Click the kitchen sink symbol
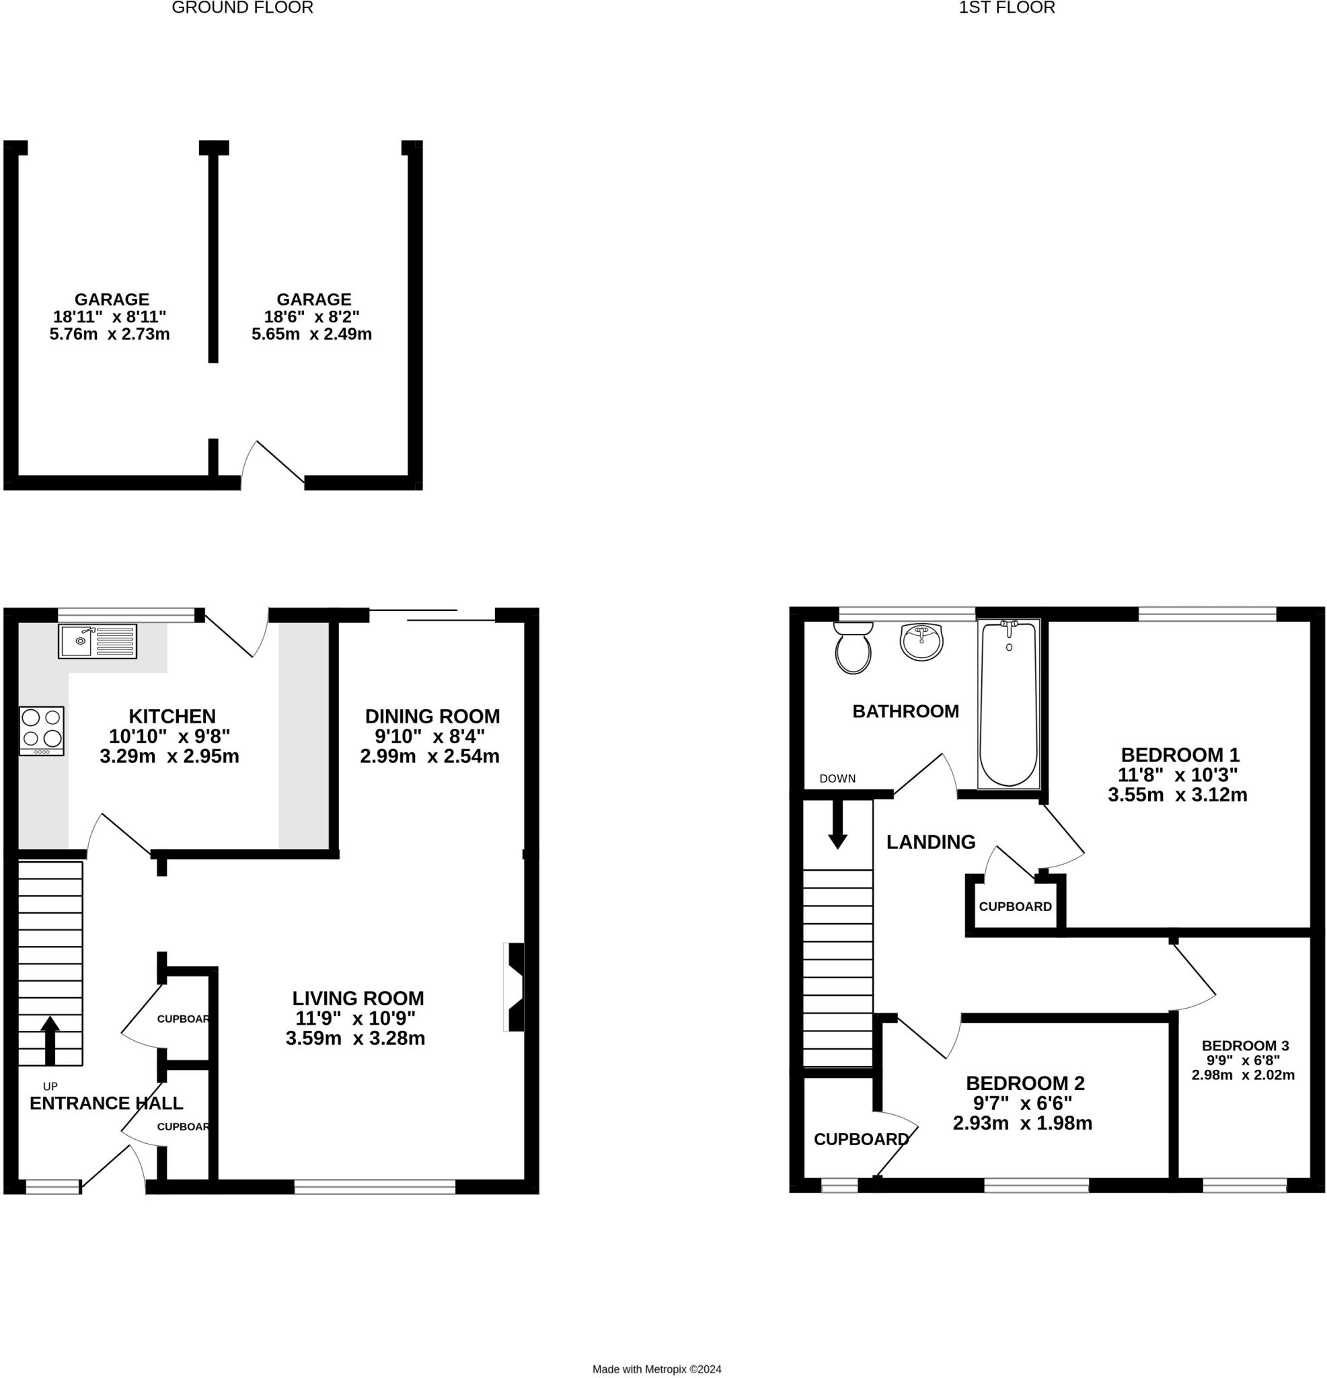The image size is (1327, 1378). click(x=97, y=641)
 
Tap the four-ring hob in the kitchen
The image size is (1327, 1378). click(x=42, y=731)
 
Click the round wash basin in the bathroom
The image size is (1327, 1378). click(x=921, y=642)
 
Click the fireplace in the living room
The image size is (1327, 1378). click(x=514, y=987)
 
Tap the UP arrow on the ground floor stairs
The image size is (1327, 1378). click(x=50, y=1040)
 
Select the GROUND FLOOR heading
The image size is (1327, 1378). click(x=243, y=7)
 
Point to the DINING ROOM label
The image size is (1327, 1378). click(x=432, y=717)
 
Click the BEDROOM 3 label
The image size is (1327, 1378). click(x=1245, y=1046)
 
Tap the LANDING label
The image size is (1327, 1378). click(x=931, y=842)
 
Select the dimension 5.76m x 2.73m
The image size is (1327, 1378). click(x=110, y=334)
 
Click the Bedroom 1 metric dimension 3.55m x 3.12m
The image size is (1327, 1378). click(x=1177, y=795)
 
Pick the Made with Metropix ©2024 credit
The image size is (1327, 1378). click(x=656, y=1369)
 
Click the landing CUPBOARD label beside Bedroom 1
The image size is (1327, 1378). click(x=1015, y=907)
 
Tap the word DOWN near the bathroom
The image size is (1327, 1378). click(x=837, y=778)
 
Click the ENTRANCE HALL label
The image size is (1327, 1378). click(x=106, y=1103)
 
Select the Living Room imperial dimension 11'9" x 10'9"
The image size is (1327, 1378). click(x=355, y=1018)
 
